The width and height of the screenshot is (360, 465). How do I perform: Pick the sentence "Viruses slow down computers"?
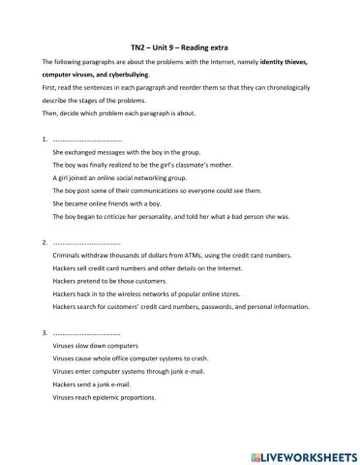coord(96,346)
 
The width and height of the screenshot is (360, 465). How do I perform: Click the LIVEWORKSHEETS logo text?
coord(302,454)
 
